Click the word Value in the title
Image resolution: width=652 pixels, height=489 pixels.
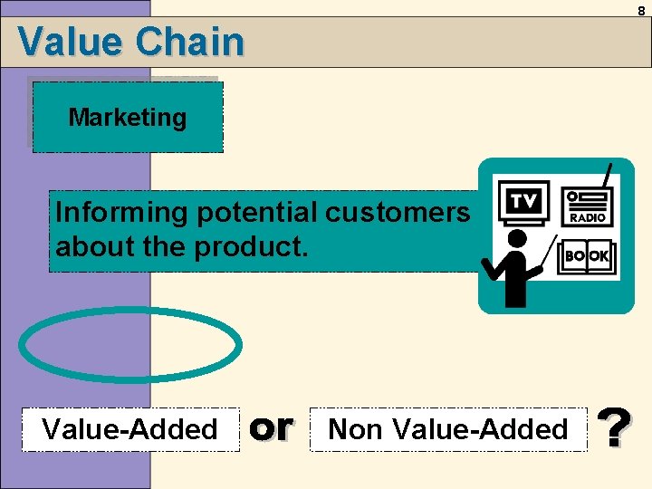(69, 42)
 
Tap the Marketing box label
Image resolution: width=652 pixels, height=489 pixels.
(128, 118)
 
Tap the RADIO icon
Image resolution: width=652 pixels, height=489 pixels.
(588, 206)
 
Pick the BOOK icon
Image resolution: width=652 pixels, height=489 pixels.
(587, 256)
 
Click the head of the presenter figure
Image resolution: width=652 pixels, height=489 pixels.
(517, 239)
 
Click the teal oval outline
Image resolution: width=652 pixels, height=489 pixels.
(130, 345)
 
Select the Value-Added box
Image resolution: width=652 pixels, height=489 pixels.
(130, 429)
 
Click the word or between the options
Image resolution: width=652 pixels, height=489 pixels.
(271, 427)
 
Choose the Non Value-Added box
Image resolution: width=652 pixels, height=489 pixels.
(447, 429)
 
